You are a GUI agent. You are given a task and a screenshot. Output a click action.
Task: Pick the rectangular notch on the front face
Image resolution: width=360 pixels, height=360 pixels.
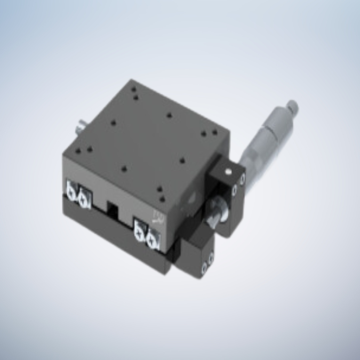[113, 207]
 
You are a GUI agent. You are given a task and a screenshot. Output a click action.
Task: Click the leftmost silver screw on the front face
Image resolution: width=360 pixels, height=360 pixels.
[71, 190]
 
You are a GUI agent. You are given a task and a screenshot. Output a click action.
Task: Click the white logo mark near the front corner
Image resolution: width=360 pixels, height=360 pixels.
[158, 216]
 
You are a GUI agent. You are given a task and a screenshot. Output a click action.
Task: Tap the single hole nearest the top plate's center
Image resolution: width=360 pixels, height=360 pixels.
[169, 115]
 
